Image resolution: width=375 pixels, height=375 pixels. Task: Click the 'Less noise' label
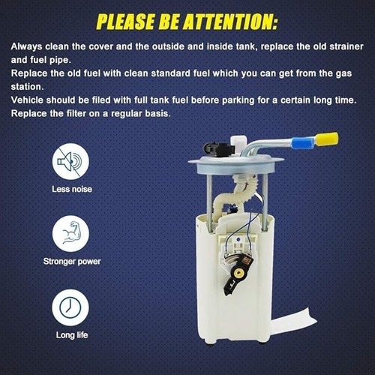[x=72, y=189]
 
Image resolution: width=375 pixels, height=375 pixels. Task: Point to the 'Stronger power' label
[x=72, y=262]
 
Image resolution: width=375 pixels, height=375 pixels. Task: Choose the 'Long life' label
[x=72, y=335]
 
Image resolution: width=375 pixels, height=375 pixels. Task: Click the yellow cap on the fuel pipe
[x=327, y=139]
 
